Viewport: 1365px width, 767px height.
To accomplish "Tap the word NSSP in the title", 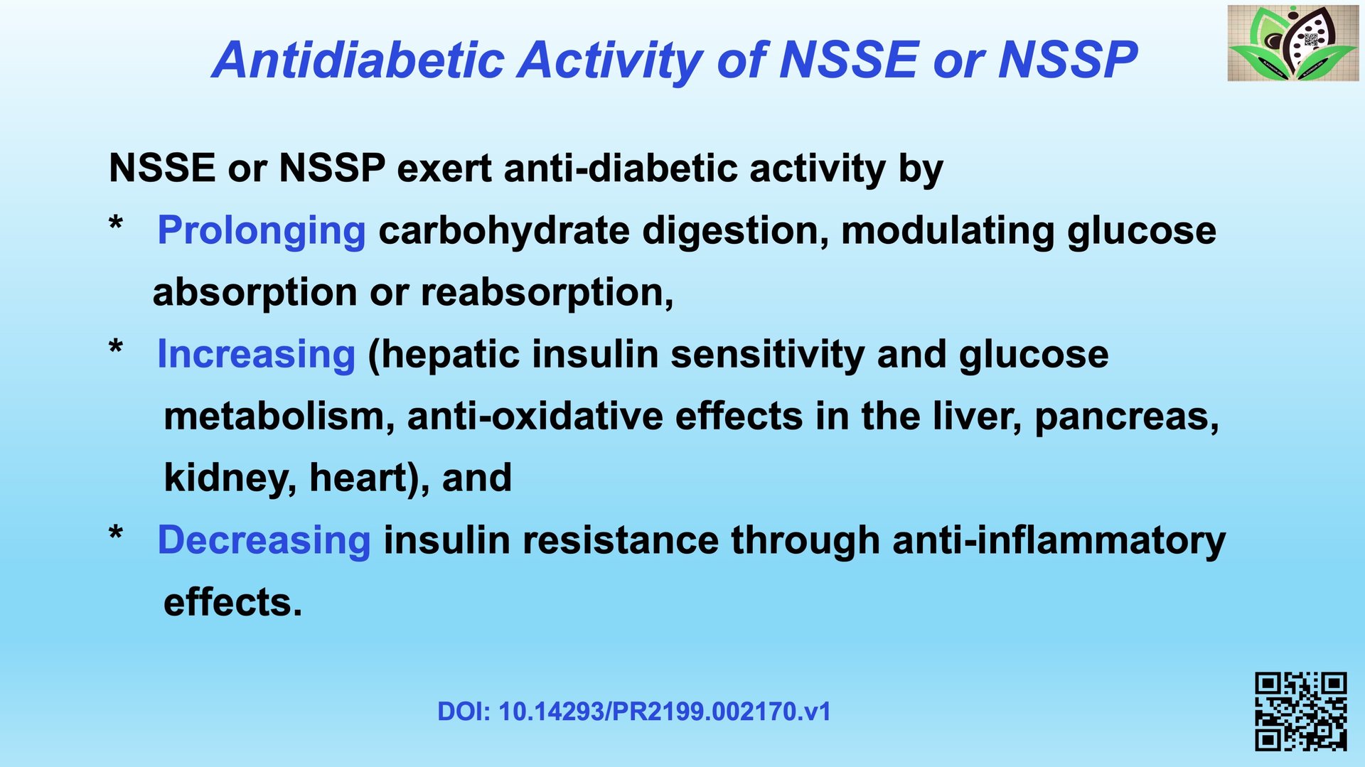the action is point(1068,60).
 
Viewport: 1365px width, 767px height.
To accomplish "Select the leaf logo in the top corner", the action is point(1293,43).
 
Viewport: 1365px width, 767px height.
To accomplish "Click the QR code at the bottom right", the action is point(1301,712).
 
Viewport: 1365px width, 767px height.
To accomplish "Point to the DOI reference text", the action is point(634,712).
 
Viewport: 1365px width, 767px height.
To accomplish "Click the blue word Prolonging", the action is point(262,232).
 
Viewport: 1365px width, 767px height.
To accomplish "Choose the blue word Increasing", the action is point(256,354).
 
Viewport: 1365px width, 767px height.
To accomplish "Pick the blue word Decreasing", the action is point(264,540).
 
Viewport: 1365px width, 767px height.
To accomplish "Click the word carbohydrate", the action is point(504,232).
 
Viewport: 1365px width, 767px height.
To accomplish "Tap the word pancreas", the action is point(1126,417).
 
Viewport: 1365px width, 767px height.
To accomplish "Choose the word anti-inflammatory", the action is point(1059,540).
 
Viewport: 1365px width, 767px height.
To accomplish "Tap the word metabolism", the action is point(279,416).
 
